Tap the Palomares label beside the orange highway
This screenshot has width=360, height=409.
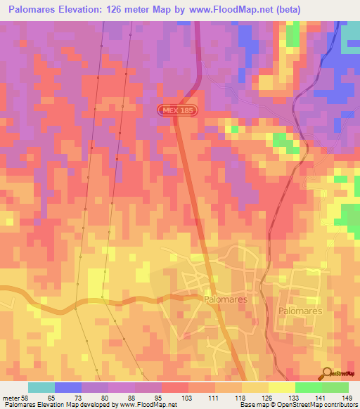(x=225, y=299)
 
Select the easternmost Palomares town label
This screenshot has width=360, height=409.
(x=300, y=310)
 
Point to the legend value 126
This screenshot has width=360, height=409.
(x=267, y=397)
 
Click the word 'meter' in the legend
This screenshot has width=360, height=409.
(x=11, y=397)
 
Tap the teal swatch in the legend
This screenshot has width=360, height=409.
(x=41, y=387)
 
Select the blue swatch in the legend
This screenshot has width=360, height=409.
(x=68, y=387)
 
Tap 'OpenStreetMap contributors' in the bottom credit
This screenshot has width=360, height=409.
(x=319, y=405)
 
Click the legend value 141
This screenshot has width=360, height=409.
(x=320, y=397)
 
